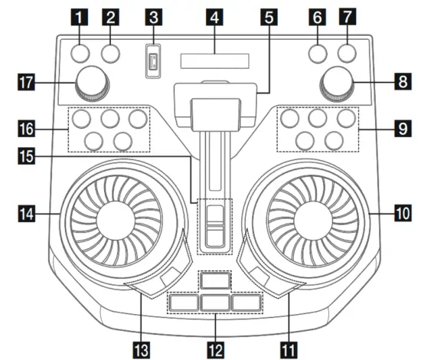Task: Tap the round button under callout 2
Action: pos(113,52)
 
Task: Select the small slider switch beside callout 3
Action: pos(153,61)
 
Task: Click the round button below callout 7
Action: pos(346,52)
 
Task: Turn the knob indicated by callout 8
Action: pos(337,82)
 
